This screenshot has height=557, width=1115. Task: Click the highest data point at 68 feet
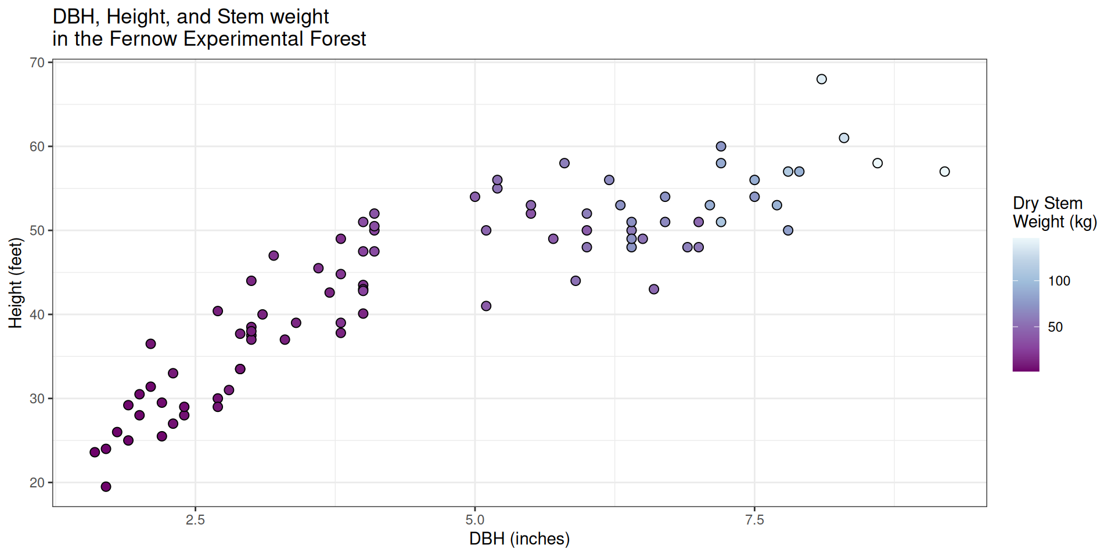coord(821,79)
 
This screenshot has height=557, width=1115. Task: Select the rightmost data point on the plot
coord(944,172)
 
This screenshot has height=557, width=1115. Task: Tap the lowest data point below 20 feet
coord(106,487)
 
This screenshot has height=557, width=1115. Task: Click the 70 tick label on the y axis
coord(37,63)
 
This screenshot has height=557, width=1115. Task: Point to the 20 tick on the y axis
coord(37,483)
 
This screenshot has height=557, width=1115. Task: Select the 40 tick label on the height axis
coord(37,314)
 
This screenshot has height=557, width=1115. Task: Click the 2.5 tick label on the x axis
coord(195,520)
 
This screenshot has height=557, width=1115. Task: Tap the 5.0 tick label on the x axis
coord(475,520)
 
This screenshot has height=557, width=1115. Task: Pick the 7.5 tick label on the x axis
coord(754,520)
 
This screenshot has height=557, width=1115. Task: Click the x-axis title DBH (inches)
coord(519,539)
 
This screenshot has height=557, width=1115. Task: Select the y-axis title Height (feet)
coord(15,283)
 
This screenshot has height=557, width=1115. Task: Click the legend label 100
coord(1059,281)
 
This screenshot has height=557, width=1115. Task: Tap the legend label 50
coord(1055,327)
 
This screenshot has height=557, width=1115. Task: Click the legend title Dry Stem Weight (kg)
coord(1055,212)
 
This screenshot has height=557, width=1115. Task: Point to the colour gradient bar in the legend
coord(1026,305)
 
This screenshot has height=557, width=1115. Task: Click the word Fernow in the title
coord(143,39)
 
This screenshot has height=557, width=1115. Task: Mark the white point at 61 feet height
coord(844,138)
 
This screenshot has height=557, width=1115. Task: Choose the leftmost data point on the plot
coord(95,452)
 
